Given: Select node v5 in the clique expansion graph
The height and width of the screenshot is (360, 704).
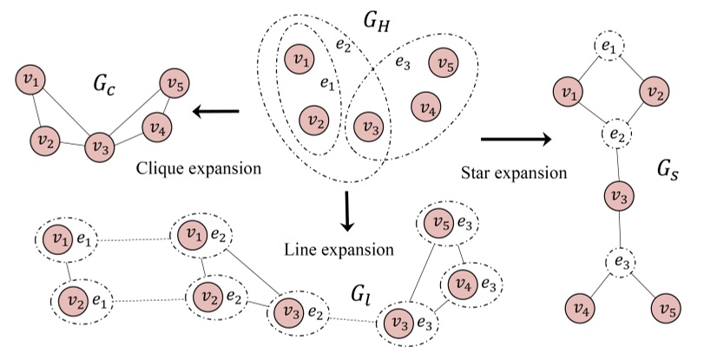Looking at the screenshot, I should click(x=174, y=84).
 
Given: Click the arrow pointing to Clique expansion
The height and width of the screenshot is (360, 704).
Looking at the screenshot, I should click(x=216, y=111).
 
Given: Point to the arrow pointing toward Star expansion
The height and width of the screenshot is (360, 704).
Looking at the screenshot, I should click(x=516, y=138).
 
